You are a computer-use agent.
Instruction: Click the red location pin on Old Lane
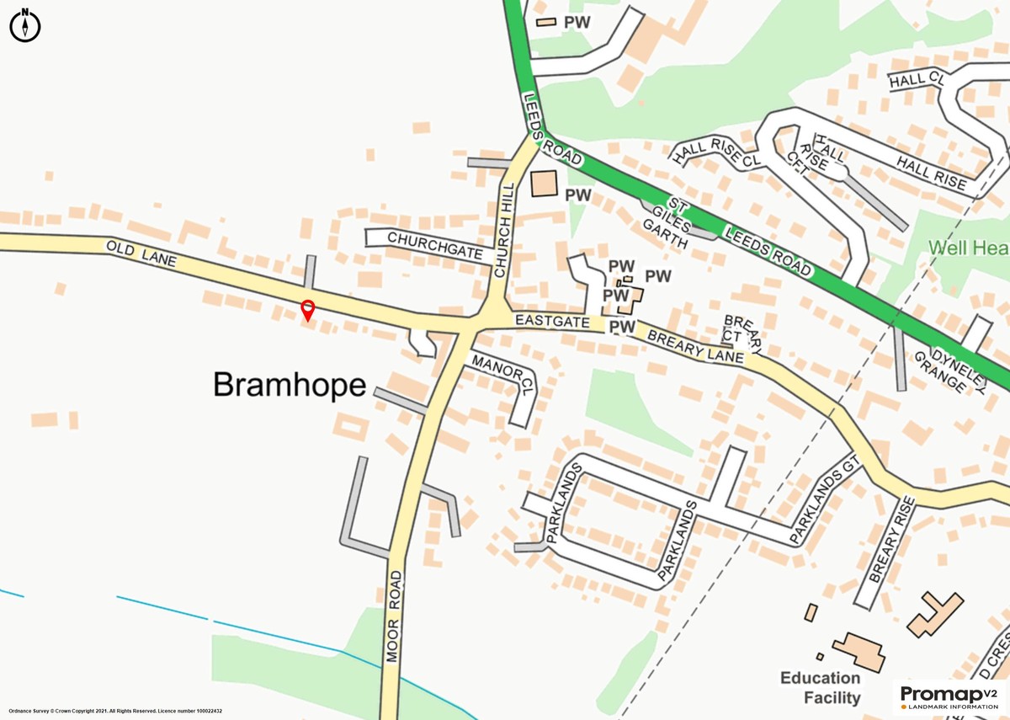click(308, 309)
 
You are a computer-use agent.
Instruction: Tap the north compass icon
click(25, 25)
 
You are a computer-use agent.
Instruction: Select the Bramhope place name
click(290, 385)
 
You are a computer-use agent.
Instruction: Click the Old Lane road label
click(141, 254)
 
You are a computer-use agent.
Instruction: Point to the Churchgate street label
click(434, 245)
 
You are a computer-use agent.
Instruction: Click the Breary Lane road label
click(695, 346)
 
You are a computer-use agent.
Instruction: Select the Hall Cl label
click(917, 79)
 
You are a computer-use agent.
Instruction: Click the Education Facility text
click(820, 688)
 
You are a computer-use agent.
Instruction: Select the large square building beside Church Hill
click(545, 184)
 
